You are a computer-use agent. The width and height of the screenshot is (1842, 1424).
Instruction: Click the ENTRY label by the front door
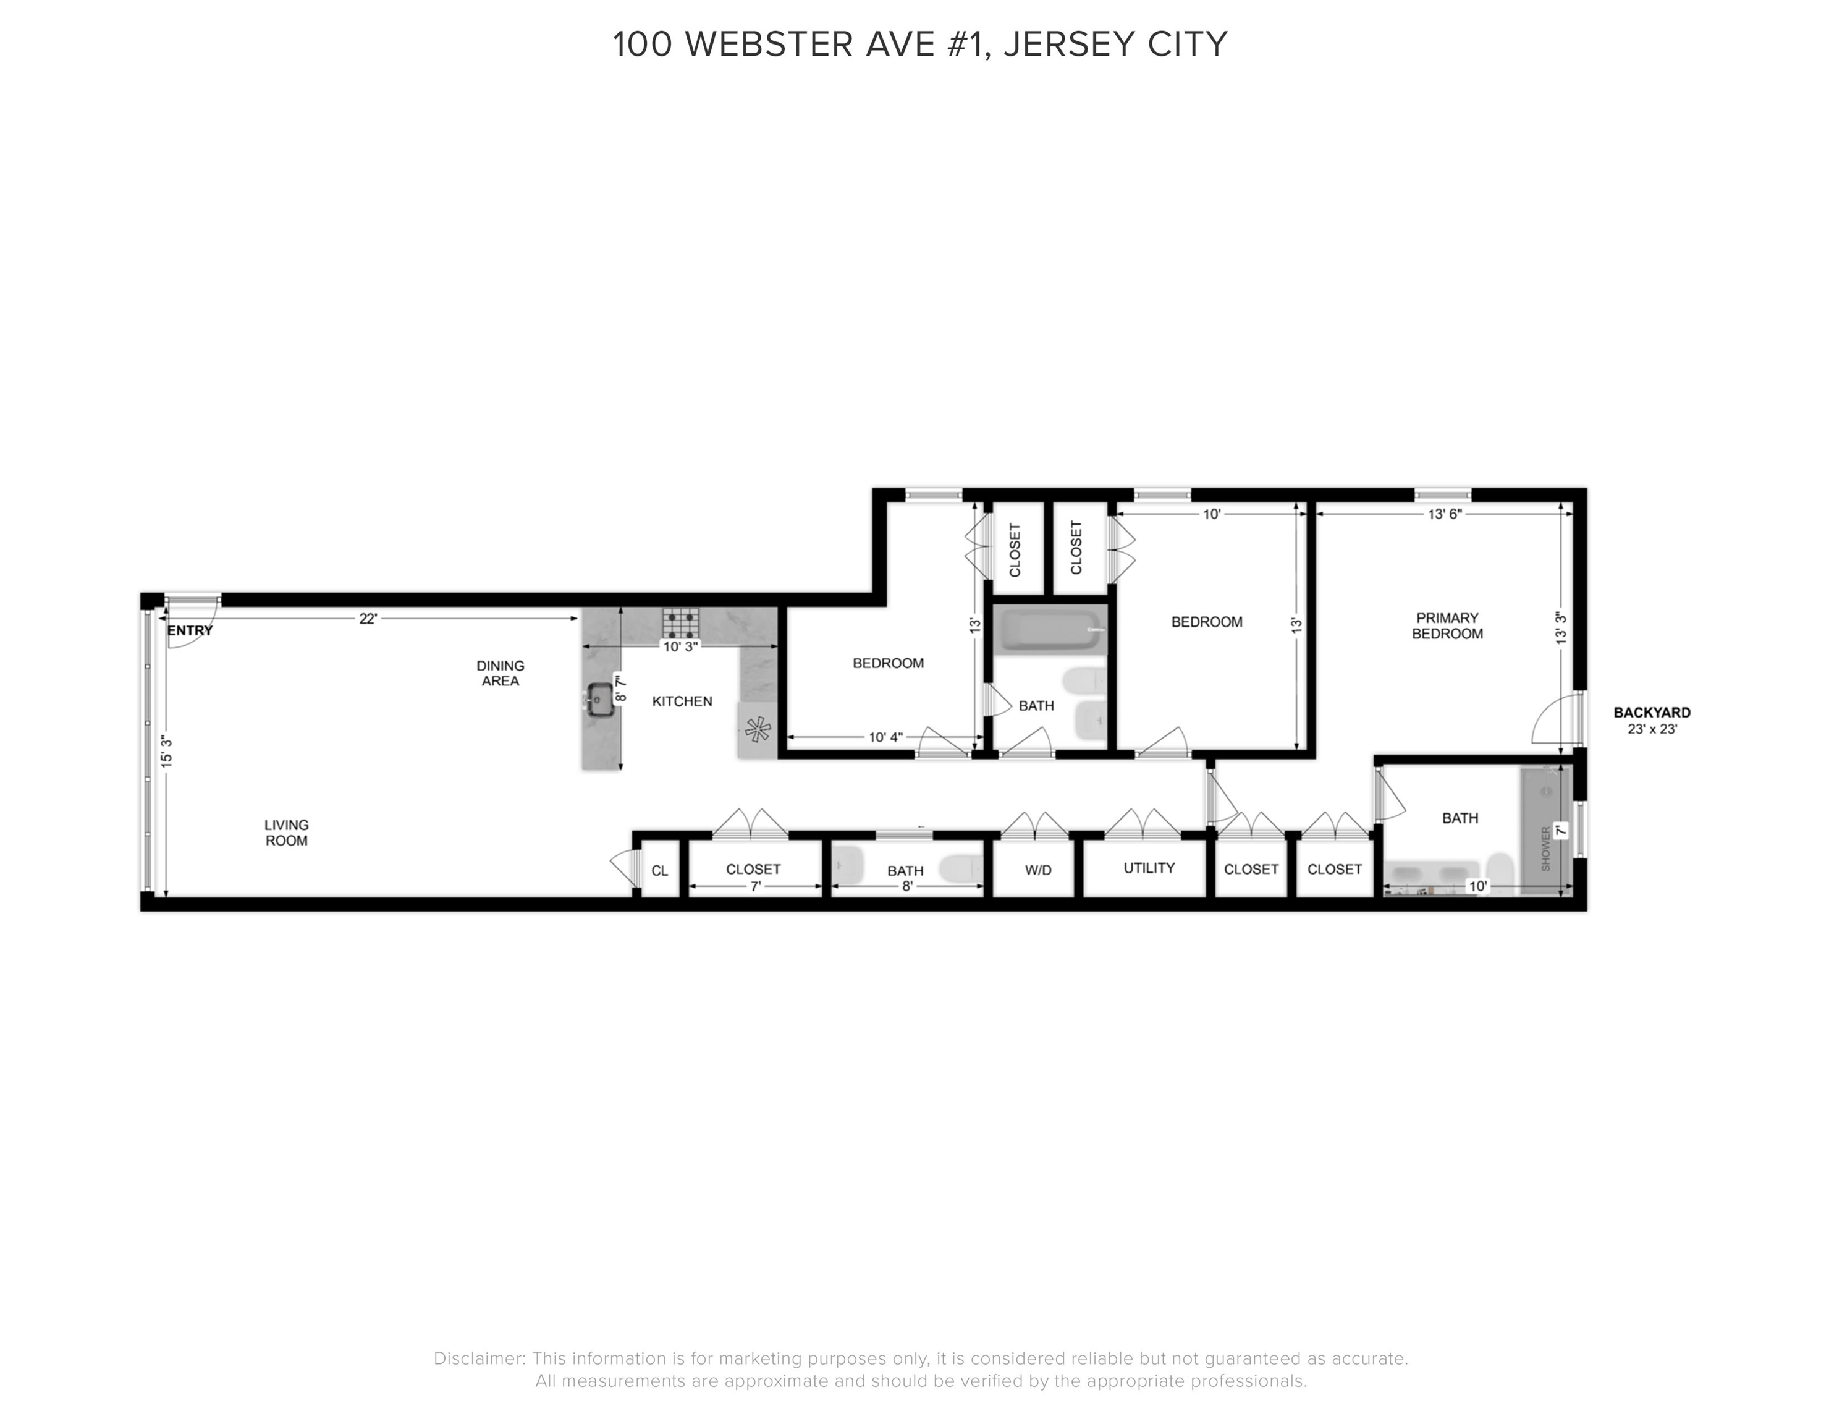pyautogui.click(x=190, y=630)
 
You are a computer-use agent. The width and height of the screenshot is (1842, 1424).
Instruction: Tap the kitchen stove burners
pyautogui.click(x=680, y=624)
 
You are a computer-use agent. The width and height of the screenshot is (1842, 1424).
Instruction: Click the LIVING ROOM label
pyautogui.click(x=286, y=833)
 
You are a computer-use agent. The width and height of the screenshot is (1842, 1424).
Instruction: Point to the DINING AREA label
pyautogui.click(x=500, y=673)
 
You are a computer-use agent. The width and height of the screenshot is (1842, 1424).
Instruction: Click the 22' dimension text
pyautogui.click(x=368, y=618)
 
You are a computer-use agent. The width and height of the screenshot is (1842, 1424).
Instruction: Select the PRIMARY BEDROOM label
pyautogui.click(x=1447, y=626)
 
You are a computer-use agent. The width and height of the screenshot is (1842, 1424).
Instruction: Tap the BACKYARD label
pyautogui.click(x=1652, y=712)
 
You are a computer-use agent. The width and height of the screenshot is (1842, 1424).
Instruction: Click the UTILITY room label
pyautogui.click(x=1149, y=868)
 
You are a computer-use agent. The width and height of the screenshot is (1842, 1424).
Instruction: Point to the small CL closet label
pyautogui.click(x=659, y=871)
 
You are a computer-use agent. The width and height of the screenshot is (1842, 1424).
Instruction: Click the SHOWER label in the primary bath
pyautogui.click(x=1546, y=849)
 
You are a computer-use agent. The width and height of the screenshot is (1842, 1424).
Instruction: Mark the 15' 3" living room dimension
pyautogui.click(x=167, y=752)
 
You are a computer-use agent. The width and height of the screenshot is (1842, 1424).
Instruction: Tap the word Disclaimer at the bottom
pyautogui.click(x=478, y=1359)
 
